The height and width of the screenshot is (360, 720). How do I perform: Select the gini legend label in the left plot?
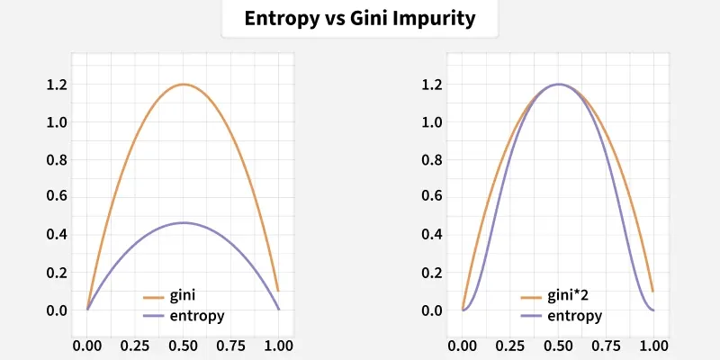click(183, 296)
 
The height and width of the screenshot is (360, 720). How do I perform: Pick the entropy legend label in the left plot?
click(196, 316)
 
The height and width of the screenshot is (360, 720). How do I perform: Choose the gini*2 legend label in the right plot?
click(569, 296)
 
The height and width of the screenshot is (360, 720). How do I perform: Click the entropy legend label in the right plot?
click(574, 316)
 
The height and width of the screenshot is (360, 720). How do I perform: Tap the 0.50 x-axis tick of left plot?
click(183, 344)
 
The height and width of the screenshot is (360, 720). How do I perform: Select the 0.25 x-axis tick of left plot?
click(135, 344)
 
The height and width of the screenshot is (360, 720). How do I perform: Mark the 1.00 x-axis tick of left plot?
click(278, 344)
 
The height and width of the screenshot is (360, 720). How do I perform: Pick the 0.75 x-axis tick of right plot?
click(607, 344)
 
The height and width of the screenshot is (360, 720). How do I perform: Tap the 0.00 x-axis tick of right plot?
click(463, 344)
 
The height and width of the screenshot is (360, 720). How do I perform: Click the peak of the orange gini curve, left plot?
click(183, 85)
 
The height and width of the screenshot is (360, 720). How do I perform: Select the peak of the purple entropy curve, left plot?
click(183, 222)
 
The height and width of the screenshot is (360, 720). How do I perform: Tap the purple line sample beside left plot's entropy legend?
click(155, 316)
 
